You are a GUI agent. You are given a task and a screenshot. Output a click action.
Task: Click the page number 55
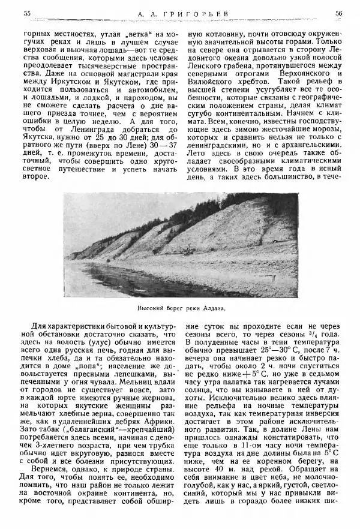tap(25, 13)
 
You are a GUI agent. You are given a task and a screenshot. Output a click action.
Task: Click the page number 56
tap(338, 13)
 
